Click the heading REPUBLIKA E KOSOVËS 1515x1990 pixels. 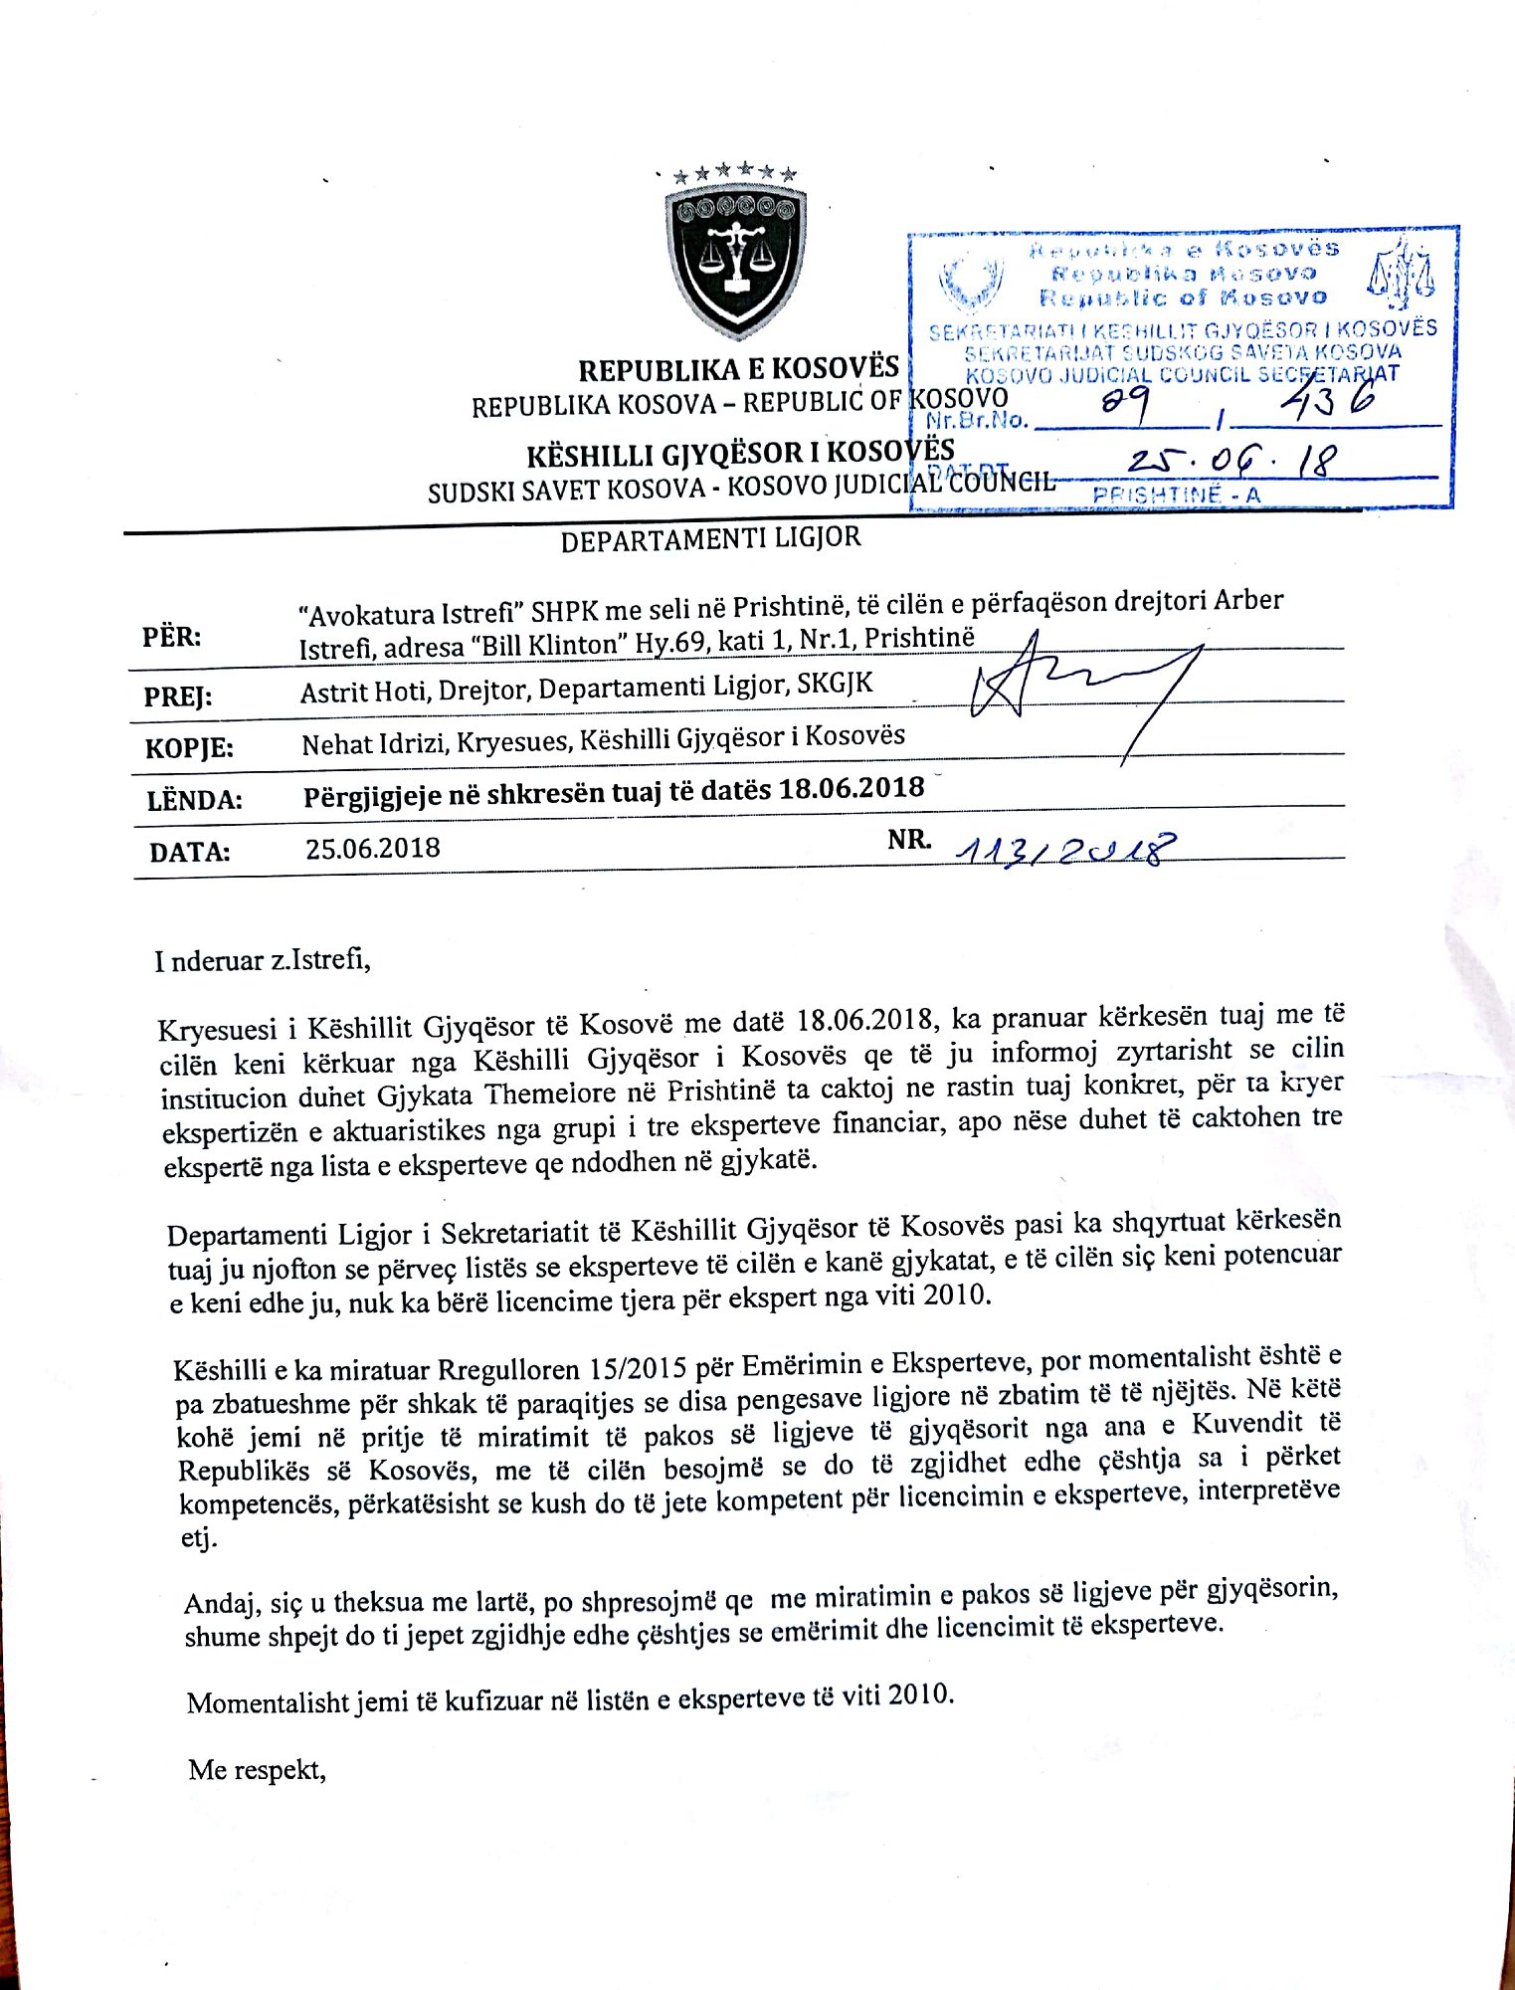coord(738,369)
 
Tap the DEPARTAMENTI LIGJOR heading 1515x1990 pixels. coord(710,539)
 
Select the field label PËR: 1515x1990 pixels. coord(171,637)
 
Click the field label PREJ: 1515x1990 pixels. coord(178,696)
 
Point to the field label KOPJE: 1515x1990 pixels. coord(189,747)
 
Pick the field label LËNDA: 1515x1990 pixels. coord(194,800)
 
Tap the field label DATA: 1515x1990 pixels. coord(189,853)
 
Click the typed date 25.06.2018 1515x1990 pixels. coord(372,849)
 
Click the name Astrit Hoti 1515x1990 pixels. coord(364,691)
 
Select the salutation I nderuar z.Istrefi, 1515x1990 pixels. coord(263,961)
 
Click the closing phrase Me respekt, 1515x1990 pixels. coord(257,1770)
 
